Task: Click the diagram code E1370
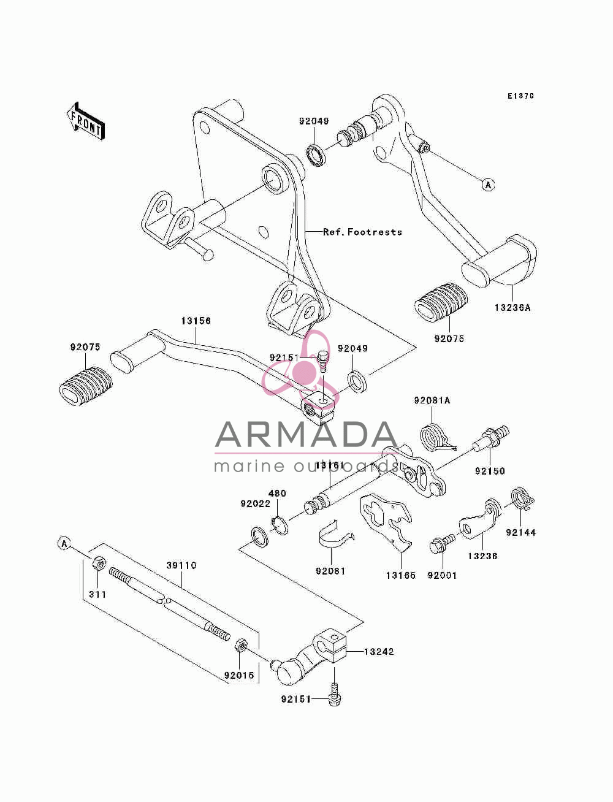tap(520, 96)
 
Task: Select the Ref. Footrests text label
tap(362, 232)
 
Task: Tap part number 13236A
tap(512, 308)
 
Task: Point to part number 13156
tap(196, 321)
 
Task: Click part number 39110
tap(181, 565)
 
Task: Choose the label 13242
tap(379, 652)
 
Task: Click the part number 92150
tap(490, 471)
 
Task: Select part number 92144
tap(520, 533)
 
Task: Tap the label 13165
tap(401, 576)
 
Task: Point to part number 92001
tap(442, 576)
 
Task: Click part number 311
tap(97, 595)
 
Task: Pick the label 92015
tap(239, 676)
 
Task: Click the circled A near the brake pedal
tap(488, 185)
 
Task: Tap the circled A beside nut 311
tap(64, 544)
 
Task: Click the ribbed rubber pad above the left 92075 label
tap(86, 386)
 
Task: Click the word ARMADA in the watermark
tap(306, 435)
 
